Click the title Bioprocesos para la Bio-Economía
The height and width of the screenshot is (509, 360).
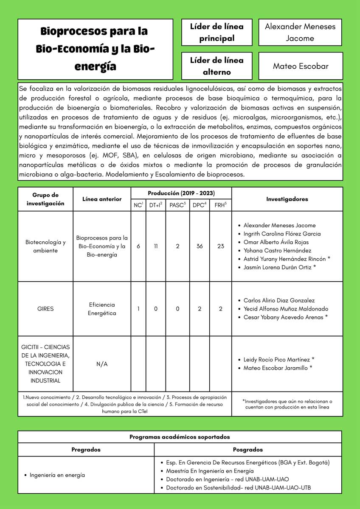pyautogui.click(x=95, y=49)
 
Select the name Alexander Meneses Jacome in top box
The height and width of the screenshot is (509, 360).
pyautogui.click(x=300, y=32)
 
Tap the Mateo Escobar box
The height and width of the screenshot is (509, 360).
pyautogui.click(x=300, y=66)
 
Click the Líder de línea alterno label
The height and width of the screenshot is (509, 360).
pyautogui.click(x=217, y=66)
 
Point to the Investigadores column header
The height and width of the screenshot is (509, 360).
pyautogui.click(x=287, y=199)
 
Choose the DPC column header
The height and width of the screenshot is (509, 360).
pyautogui.click(x=199, y=205)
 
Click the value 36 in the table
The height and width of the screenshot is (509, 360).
pyautogui.click(x=199, y=246)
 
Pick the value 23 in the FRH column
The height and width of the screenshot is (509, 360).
pyautogui.click(x=221, y=246)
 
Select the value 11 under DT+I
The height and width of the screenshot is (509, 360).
pyautogui.click(x=156, y=246)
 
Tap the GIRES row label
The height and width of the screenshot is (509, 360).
pyautogui.click(x=45, y=309)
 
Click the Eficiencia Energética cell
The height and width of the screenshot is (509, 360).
pyautogui.click(x=102, y=309)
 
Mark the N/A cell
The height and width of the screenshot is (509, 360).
pyautogui.click(x=102, y=364)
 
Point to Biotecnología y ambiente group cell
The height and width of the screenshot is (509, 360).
pyautogui.click(x=45, y=246)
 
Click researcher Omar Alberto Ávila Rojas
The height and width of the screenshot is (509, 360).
pyautogui.click(x=276, y=242)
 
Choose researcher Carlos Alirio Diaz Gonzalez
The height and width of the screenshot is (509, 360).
pyautogui.click(x=279, y=300)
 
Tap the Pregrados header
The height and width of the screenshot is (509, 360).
pyautogui.click(x=86, y=450)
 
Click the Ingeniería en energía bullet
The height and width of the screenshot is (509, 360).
pyautogui.click(x=57, y=475)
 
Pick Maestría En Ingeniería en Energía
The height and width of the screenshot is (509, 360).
pyautogui.click(x=210, y=471)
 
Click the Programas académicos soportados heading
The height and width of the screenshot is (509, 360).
pyautogui.click(x=180, y=437)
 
